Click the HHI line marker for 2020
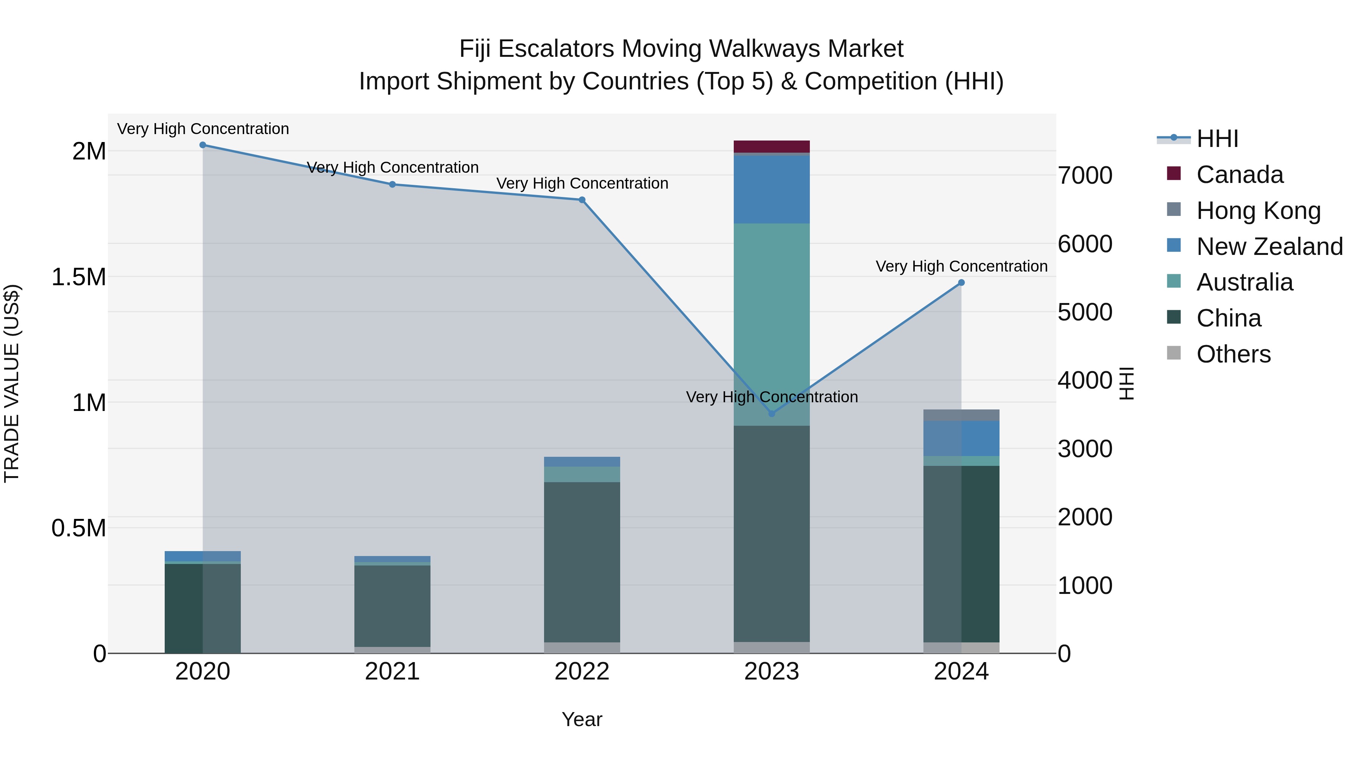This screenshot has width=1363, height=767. point(203,145)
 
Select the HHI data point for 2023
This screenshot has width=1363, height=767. point(772,413)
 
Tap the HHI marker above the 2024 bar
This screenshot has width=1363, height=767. point(961,283)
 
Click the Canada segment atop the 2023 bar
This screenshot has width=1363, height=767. point(772,147)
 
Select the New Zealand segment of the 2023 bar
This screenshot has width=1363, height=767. point(772,189)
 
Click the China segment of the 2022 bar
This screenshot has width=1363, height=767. point(582,561)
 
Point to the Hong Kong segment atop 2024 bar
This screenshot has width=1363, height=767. point(961,415)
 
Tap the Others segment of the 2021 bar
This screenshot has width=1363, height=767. point(392,650)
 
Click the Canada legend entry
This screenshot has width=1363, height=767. point(1239,175)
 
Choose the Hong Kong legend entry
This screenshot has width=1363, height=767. point(1258,211)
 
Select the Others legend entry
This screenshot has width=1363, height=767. point(1233,354)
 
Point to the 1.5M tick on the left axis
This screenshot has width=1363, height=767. point(79,277)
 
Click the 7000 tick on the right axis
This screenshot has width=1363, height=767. point(1085,175)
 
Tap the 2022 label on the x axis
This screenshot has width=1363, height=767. point(582,672)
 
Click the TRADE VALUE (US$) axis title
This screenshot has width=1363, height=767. point(12,383)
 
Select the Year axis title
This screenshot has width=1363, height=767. point(582,719)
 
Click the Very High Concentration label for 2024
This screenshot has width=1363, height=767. point(961,266)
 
